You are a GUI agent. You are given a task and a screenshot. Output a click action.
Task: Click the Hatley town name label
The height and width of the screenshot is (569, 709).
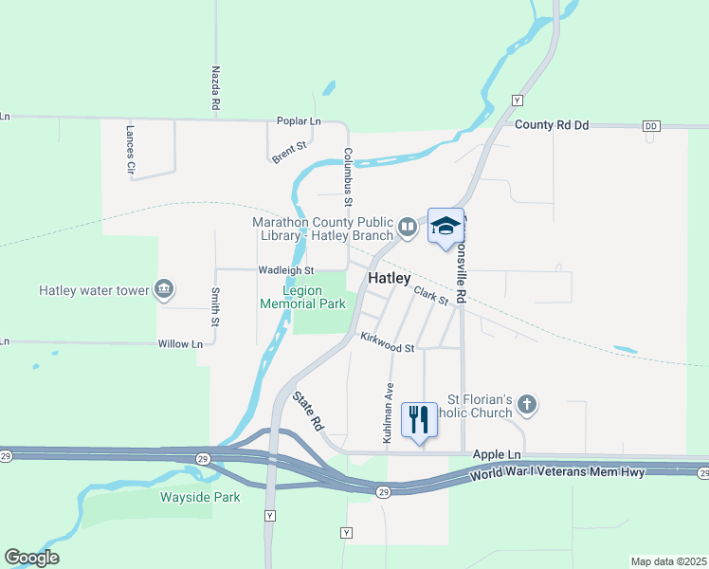[x=390, y=279]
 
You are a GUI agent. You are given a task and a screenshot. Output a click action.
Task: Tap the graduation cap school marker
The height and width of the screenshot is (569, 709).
[x=445, y=226]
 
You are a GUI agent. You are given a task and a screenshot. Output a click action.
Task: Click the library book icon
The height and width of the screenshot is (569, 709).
[x=407, y=227]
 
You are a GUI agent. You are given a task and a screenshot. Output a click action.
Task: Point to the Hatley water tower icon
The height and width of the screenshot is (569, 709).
[x=165, y=289]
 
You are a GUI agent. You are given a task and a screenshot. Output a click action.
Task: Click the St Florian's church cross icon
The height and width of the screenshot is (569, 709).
[x=528, y=406]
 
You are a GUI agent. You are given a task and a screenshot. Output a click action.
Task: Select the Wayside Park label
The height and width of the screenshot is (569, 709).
[x=200, y=497]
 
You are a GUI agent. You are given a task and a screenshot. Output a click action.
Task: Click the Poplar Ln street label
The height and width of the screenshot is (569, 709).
[x=299, y=121]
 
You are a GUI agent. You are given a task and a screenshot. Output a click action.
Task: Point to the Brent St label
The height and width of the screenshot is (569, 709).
[x=290, y=152]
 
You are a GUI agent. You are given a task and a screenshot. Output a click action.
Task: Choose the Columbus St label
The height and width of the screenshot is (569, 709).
[x=348, y=176]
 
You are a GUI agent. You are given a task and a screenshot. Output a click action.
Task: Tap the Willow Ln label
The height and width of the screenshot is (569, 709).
[x=180, y=343]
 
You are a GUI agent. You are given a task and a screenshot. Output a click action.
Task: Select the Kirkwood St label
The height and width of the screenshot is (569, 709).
[x=387, y=342]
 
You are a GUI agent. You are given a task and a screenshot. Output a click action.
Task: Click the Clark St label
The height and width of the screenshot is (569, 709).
[x=431, y=296]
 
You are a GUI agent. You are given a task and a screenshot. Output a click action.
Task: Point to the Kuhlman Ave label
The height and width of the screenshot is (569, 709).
[x=388, y=413]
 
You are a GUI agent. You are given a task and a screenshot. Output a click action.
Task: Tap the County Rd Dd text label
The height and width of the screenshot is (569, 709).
[x=552, y=125]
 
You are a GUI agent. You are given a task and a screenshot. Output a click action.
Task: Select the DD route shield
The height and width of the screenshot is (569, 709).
[x=650, y=126]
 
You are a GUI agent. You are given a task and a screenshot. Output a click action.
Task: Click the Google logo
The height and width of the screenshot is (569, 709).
[x=31, y=558]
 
